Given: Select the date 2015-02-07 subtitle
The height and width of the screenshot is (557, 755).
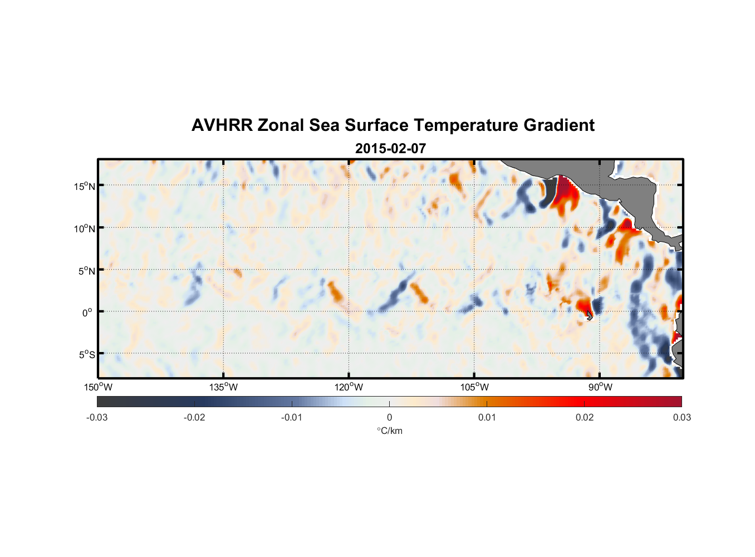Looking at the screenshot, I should (390, 149).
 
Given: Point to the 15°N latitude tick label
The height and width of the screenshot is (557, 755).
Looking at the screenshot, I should (85, 186).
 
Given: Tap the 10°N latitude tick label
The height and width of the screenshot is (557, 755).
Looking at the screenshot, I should (85, 228).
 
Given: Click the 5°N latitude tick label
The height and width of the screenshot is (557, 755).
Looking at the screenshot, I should (86, 271).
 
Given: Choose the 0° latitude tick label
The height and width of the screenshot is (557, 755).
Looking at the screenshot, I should (87, 312).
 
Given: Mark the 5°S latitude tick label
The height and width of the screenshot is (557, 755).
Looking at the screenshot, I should (86, 355).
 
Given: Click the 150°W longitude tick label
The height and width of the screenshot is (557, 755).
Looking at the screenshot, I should (99, 387).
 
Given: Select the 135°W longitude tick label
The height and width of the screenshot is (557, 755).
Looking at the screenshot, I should (224, 387).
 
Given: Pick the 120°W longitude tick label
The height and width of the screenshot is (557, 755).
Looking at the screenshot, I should (349, 387).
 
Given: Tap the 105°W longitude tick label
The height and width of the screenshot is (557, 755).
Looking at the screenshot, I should (474, 387).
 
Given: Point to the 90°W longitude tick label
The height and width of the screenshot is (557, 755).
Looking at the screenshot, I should (600, 387).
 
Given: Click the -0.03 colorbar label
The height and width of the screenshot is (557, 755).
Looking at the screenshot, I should (97, 417).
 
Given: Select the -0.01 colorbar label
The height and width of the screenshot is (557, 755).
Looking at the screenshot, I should (292, 417).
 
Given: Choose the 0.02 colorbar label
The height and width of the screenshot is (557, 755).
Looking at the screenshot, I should (585, 417).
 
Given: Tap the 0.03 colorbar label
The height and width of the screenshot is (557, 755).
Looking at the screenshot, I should (682, 417).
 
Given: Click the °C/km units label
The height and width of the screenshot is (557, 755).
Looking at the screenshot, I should (390, 431).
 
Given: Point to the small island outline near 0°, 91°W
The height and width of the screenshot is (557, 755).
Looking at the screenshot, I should (590, 316).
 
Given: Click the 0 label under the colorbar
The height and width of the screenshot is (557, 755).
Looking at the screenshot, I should (389, 417).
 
